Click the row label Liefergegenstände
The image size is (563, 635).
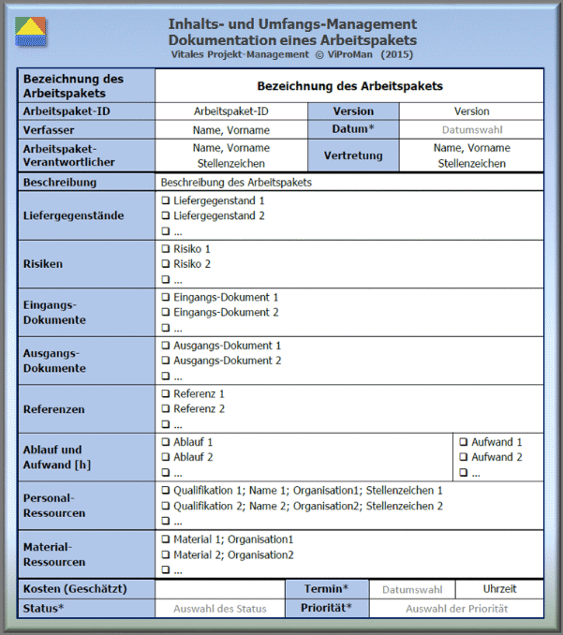pyautogui.click(x=73, y=215)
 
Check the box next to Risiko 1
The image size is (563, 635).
pyautogui.click(x=166, y=249)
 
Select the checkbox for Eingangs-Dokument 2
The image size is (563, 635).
pyautogui.click(x=166, y=313)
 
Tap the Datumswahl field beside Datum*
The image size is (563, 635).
pyautogui.click(x=472, y=129)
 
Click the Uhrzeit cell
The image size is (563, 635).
pyautogui.click(x=499, y=589)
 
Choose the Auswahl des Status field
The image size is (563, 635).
pyautogui.click(x=219, y=608)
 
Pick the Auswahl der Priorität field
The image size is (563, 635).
pyautogui.click(x=456, y=608)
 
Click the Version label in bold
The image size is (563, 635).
pyautogui.click(x=352, y=111)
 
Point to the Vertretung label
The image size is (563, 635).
pyautogui.click(x=352, y=155)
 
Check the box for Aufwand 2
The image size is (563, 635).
pyautogui.click(x=464, y=457)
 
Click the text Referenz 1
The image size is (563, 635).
pyautogui.click(x=199, y=394)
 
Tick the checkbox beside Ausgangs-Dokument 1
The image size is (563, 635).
pyautogui.click(x=166, y=346)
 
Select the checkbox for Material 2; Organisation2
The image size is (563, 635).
pyautogui.click(x=166, y=554)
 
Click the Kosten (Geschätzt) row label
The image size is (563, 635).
pyautogui.click(x=75, y=589)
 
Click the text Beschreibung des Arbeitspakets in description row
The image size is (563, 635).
pyautogui.click(x=236, y=183)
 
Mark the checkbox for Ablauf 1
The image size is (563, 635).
pyautogui.click(x=166, y=442)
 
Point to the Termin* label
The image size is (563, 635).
pyautogui.click(x=326, y=589)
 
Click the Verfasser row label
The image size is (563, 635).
pyautogui.click(x=49, y=129)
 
